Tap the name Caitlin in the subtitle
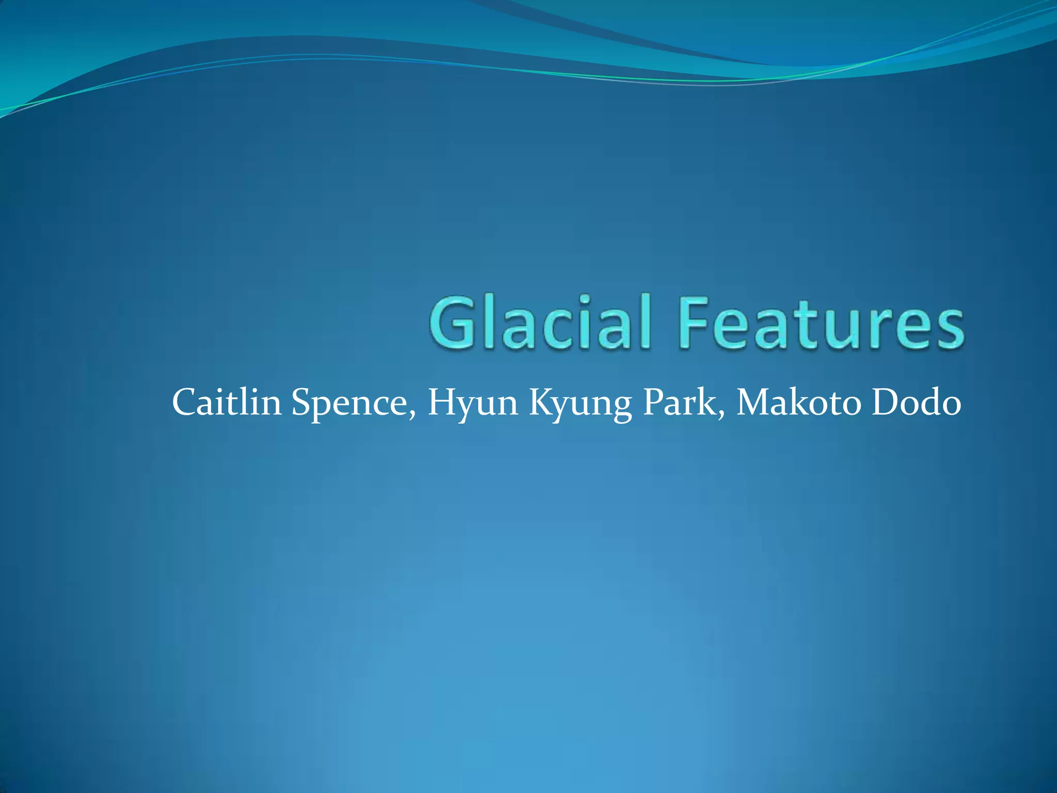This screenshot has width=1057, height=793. click(x=227, y=403)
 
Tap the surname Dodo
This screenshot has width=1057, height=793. click(x=917, y=403)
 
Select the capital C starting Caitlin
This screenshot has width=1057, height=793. click(x=184, y=403)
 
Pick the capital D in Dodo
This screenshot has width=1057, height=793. click(x=885, y=403)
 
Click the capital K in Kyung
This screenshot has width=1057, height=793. click(x=542, y=403)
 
